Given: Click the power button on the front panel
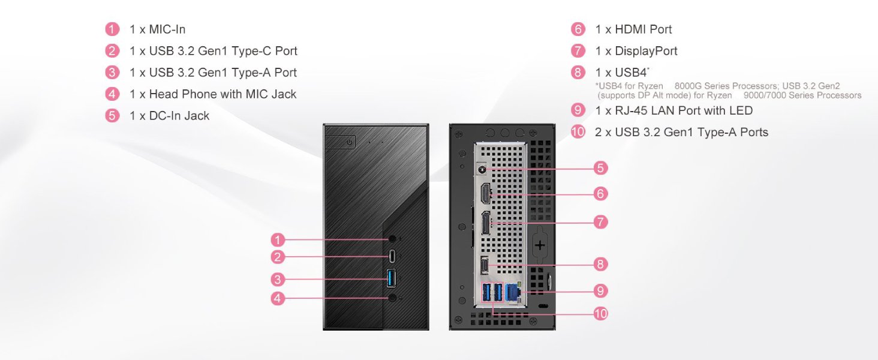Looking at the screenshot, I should coord(348,142).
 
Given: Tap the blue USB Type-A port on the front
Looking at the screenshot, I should coord(392,278).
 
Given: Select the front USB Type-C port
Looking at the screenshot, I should coord(392,257).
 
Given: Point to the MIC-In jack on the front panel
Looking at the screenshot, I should coord(392,239).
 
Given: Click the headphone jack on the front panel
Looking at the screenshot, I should coord(392,297).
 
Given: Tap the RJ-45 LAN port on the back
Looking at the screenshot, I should coord(512,292).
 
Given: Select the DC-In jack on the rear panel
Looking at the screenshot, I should coord(482,169).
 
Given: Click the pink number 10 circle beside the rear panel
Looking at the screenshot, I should coord(600,313).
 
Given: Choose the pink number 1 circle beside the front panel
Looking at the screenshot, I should coord(277,240).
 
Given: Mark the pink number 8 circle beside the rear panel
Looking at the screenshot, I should coord(600,263).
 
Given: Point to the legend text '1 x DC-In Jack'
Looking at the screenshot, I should coord(169,116).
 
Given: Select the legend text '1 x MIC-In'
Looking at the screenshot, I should coord(157,29).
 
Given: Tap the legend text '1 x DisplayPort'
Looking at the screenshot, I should coord(636,51).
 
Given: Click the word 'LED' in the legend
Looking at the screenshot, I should coord(741,110).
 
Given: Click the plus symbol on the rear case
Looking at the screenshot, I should coord(540,245).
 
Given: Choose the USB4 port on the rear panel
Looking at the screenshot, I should coord(485,263).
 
